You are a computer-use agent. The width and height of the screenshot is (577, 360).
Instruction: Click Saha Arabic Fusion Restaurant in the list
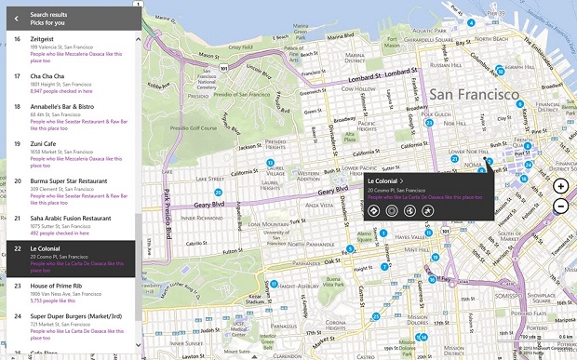click(71, 218)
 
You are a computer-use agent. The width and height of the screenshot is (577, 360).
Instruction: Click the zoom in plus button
click(560, 186)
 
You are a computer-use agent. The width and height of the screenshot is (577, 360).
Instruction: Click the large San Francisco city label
click(474, 95)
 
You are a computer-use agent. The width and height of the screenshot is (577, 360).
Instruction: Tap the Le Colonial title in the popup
click(383, 180)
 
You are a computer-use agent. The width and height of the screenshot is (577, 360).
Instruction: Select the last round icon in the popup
click(426, 211)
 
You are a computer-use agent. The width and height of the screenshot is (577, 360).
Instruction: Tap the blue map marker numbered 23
click(429, 123)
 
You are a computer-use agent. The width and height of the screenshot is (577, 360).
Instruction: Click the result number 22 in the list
click(17, 249)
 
